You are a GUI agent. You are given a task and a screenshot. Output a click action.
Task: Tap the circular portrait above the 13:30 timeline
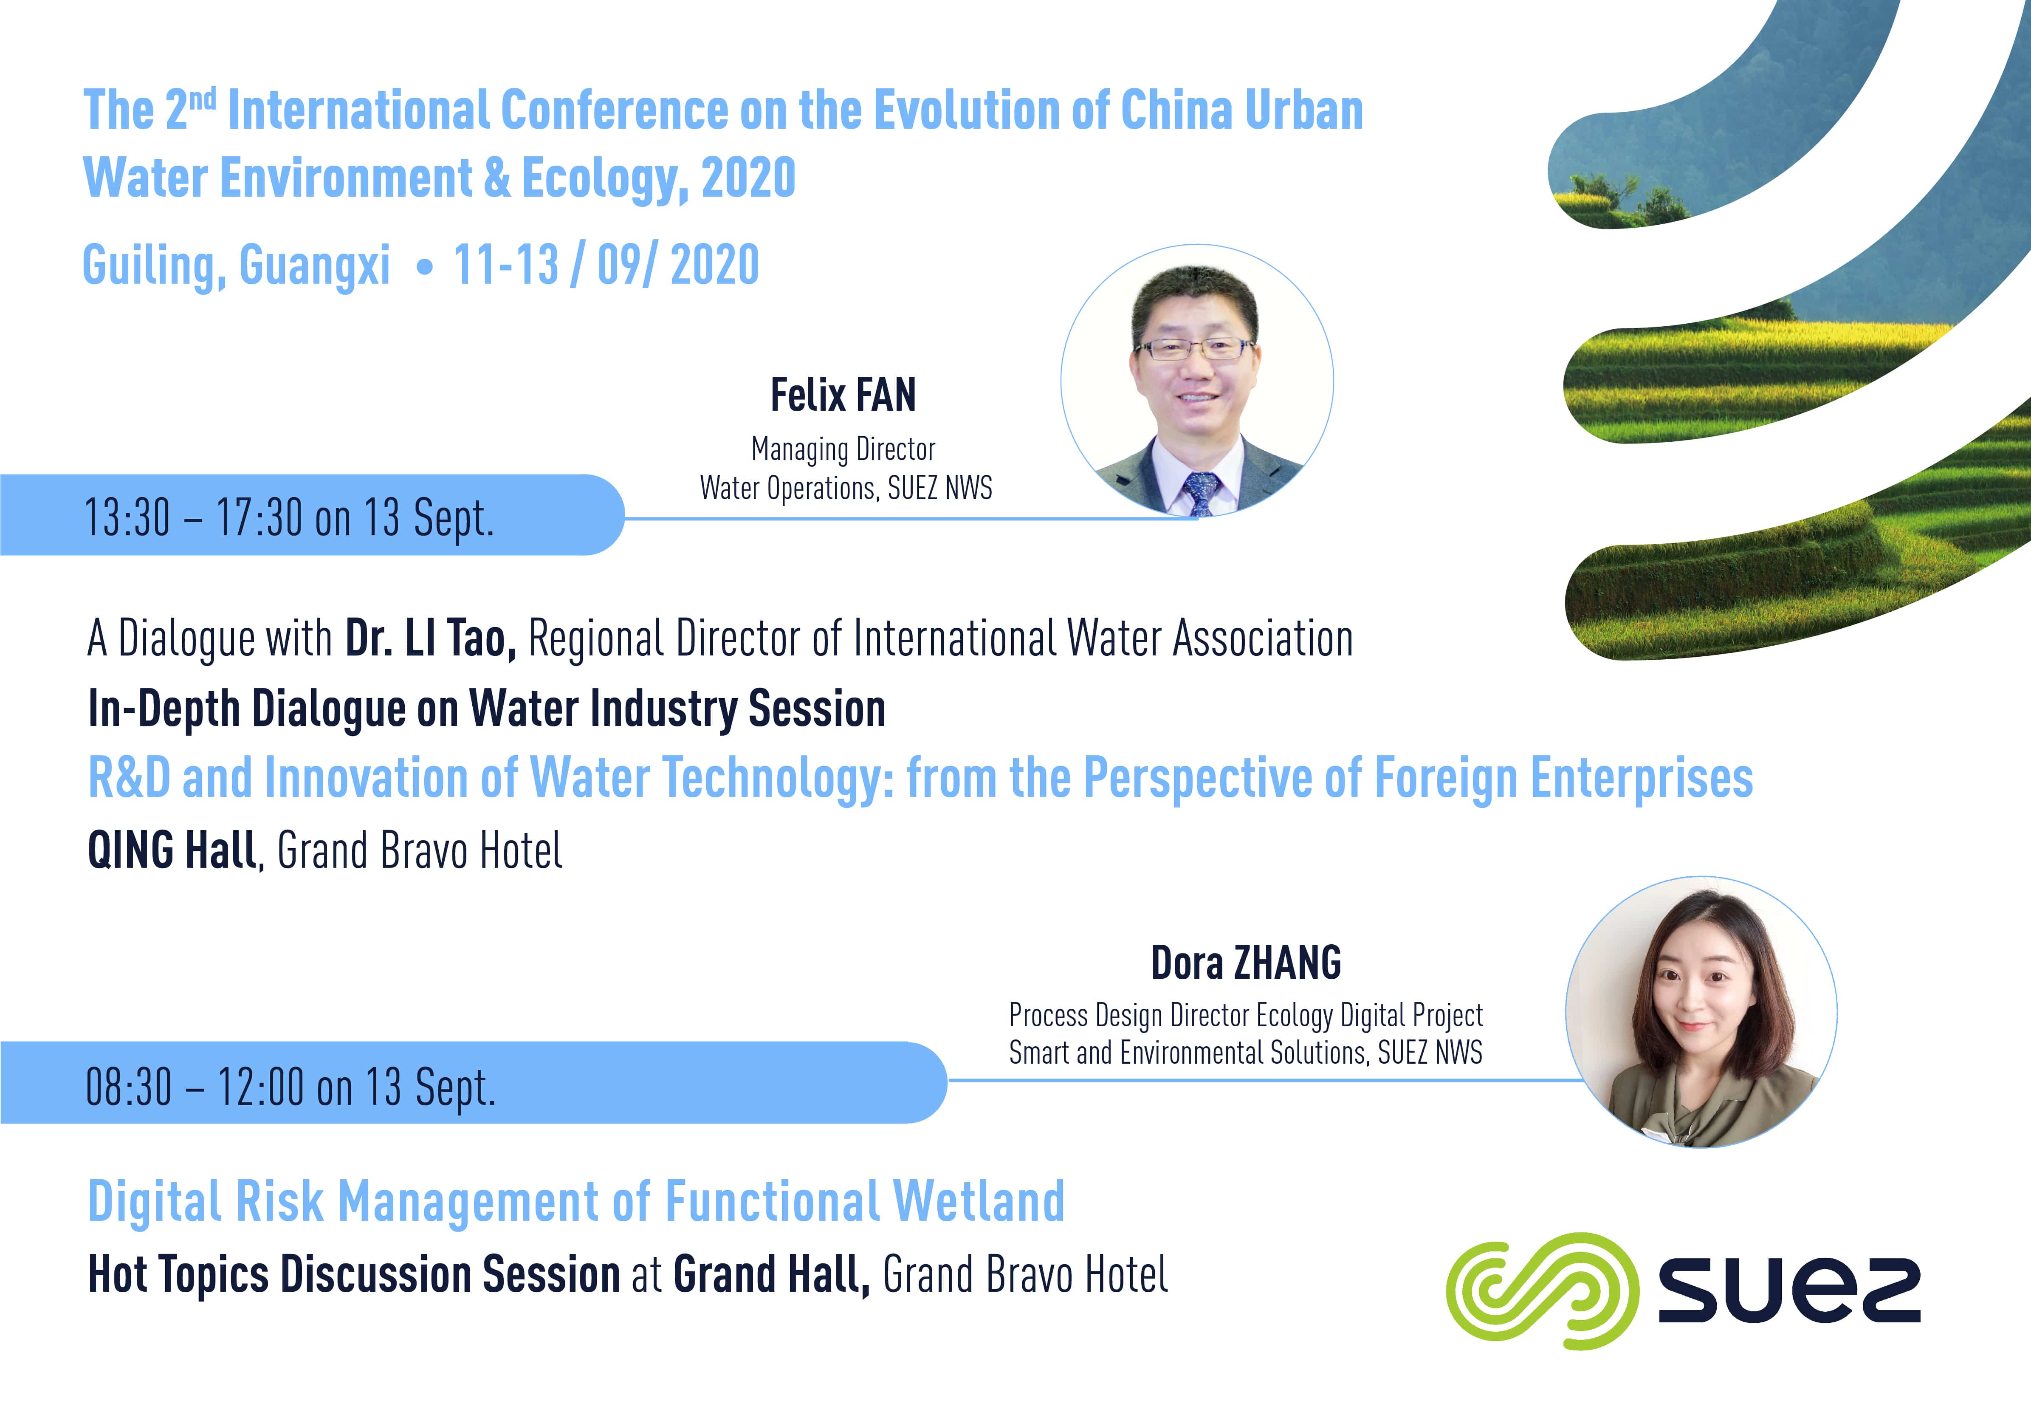tap(1197, 381)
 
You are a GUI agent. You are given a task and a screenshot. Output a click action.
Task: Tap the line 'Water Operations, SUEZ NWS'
tap(846, 488)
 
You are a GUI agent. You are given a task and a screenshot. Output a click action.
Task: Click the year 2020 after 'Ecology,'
tap(748, 178)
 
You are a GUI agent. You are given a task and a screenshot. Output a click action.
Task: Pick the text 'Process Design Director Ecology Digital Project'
tap(1246, 1015)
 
